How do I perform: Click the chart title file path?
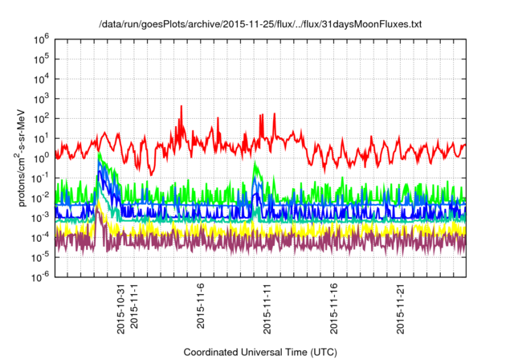pos(259,26)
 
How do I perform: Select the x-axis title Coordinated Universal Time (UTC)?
pos(259,352)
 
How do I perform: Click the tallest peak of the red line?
pos(182,106)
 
